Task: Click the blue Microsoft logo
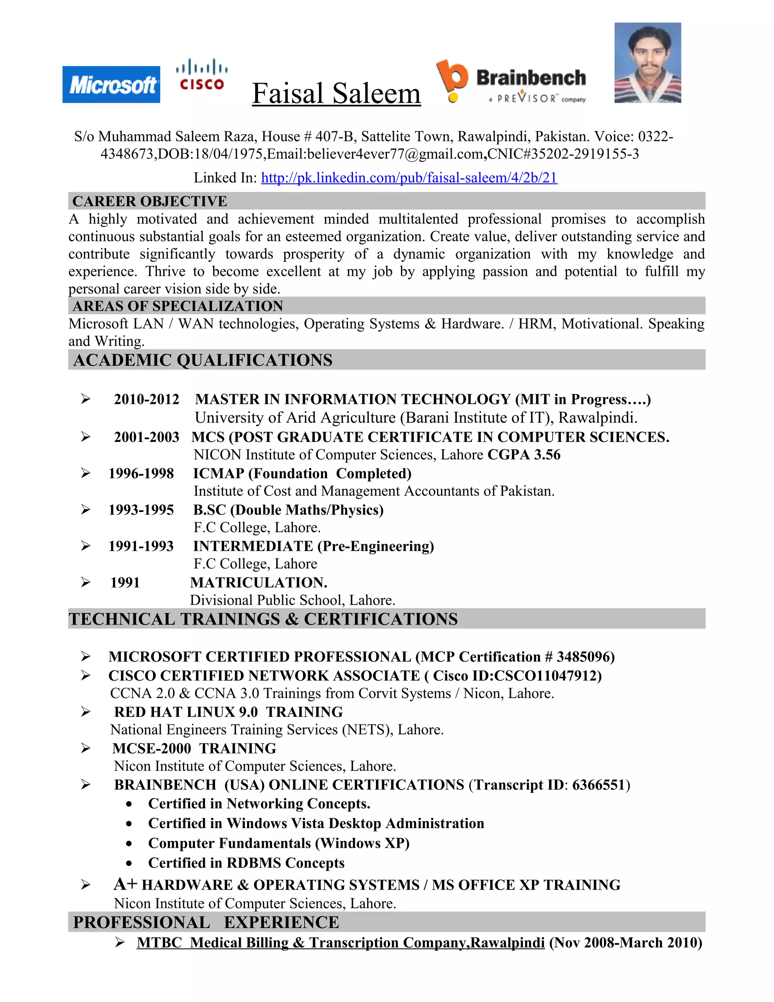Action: tap(111, 84)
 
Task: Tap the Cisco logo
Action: tap(202, 75)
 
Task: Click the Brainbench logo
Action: tap(511, 81)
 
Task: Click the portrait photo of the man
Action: tap(647, 63)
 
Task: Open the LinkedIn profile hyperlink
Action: tap(409, 178)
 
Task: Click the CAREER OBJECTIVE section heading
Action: tap(150, 201)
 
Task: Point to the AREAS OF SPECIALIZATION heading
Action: tap(178, 306)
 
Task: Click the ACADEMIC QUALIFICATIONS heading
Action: tap(203, 360)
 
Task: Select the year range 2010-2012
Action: tap(146, 399)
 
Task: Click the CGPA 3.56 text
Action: tap(524, 454)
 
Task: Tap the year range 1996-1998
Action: tap(141, 473)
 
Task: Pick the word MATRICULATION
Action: tap(259, 583)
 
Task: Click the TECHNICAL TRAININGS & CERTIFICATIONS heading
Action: tap(263, 619)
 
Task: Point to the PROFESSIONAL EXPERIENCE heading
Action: tap(206, 922)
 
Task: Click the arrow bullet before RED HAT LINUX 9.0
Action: tap(85, 712)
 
